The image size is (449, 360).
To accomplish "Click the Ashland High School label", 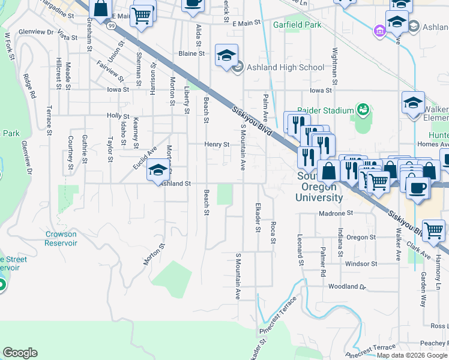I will (x=285, y=67).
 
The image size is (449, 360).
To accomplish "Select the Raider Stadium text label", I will (x=330, y=110).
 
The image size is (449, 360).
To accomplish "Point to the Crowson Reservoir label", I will (x=61, y=238).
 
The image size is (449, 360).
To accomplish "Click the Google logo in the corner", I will (x=20, y=352).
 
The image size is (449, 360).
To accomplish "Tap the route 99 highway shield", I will (x=112, y=26).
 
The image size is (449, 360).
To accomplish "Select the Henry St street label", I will (x=217, y=145).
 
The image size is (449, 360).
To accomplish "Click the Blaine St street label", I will (x=192, y=53).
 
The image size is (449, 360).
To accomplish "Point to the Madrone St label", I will (x=335, y=213).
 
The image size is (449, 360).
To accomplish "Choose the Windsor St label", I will (x=361, y=263).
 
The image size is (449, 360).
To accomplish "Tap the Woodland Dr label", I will (x=346, y=287).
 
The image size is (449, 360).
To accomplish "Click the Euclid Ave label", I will (x=144, y=158).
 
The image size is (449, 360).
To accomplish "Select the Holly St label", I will (x=118, y=116).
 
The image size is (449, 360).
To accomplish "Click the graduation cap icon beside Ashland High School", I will (x=226, y=56).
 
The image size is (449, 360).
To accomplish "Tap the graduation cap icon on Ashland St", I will (x=157, y=171).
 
